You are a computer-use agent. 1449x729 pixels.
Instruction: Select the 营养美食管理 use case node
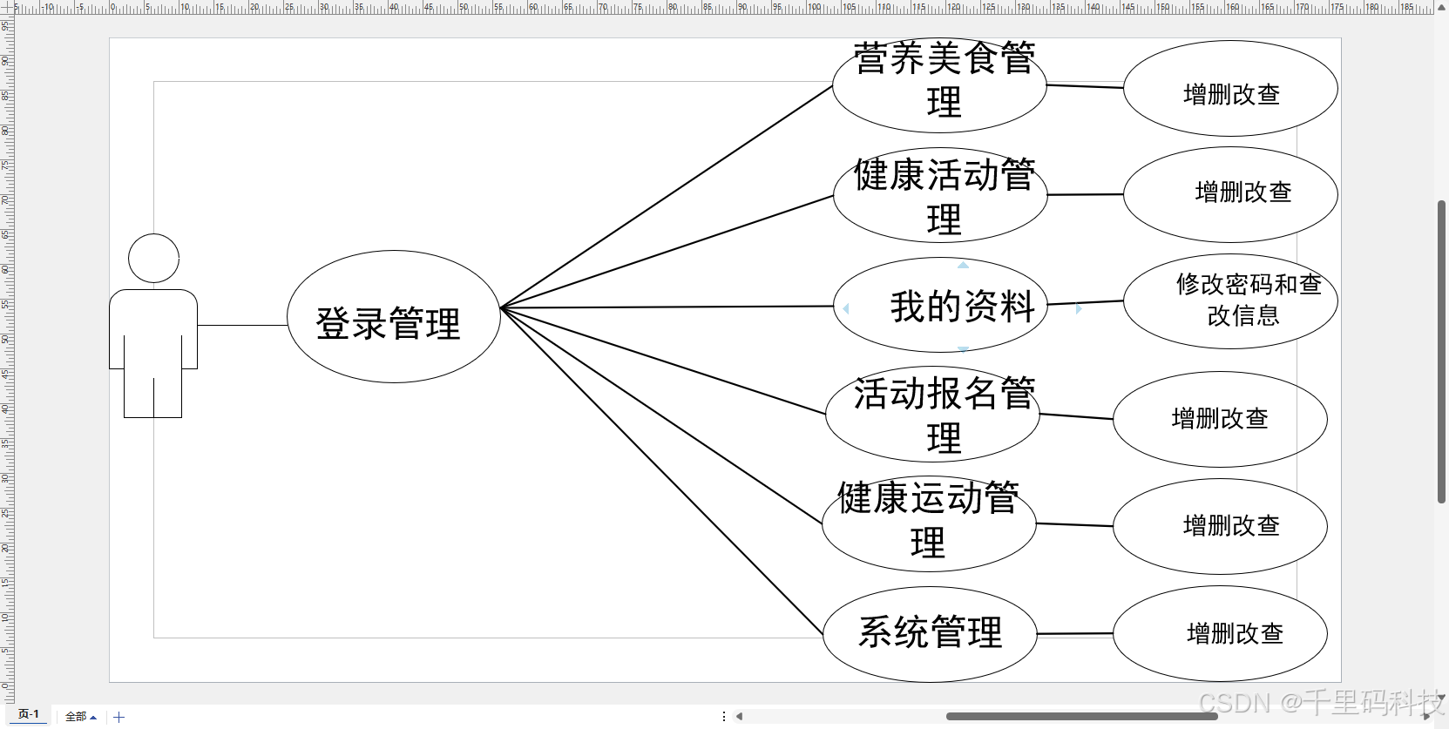click(939, 85)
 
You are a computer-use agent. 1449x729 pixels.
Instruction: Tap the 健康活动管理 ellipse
click(940, 195)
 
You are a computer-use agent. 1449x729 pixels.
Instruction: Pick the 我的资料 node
click(940, 306)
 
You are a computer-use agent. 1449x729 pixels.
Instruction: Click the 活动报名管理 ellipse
click(932, 415)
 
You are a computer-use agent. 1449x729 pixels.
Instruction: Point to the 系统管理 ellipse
click(930, 634)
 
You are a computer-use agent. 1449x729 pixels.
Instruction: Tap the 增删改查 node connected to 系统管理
click(1220, 634)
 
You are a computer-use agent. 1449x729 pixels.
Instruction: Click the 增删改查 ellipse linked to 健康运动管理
click(1220, 526)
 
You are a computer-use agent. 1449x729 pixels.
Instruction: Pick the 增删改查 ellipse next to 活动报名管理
click(1220, 420)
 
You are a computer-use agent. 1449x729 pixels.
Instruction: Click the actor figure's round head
click(153, 259)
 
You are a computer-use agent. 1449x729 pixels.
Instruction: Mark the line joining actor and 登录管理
click(242, 325)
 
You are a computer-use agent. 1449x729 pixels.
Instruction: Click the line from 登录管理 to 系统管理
click(662, 471)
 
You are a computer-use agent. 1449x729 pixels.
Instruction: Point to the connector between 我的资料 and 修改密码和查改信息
click(1085, 302)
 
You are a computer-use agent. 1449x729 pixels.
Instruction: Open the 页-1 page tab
click(29, 714)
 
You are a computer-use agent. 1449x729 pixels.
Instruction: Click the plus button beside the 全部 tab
click(119, 717)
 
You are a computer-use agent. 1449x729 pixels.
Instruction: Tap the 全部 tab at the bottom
click(80, 717)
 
